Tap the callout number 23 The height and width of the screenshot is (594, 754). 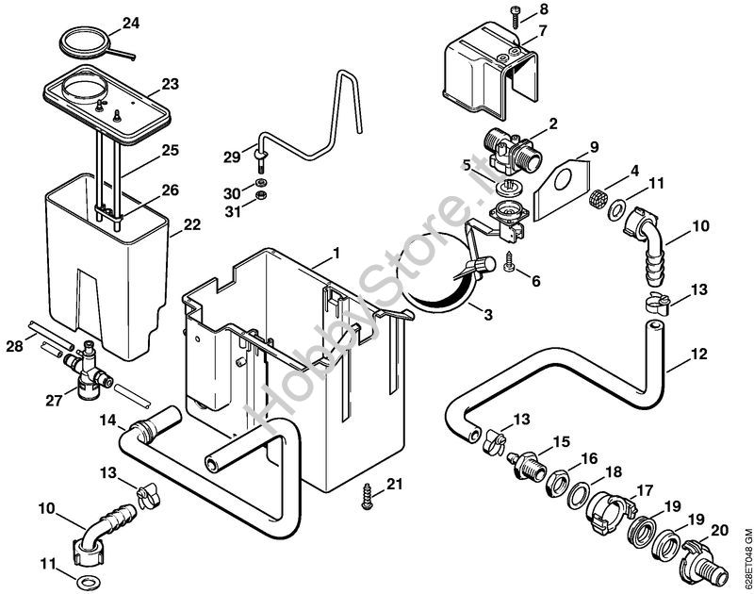tap(170, 84)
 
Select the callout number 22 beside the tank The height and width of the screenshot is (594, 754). tap(192, 224)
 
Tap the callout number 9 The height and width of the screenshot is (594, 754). tap(595, 146)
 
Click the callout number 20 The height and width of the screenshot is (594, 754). tap(720, 531)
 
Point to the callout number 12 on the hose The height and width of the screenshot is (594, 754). tap(698, 355)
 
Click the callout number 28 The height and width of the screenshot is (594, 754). tap(14, 348)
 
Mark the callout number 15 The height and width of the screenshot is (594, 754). tap(562, 441)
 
